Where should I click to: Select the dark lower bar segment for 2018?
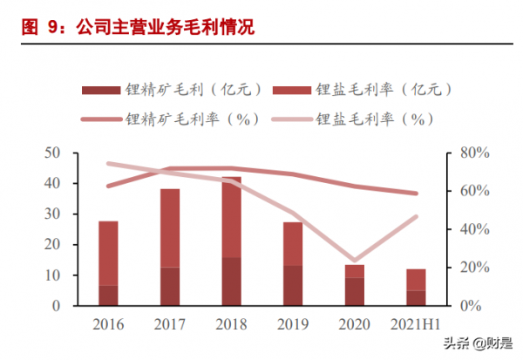click(231, 282)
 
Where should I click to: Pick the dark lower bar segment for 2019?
click(293, 286)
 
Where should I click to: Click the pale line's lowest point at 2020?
click(355, 261)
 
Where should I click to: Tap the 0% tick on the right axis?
click(472, 306)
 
